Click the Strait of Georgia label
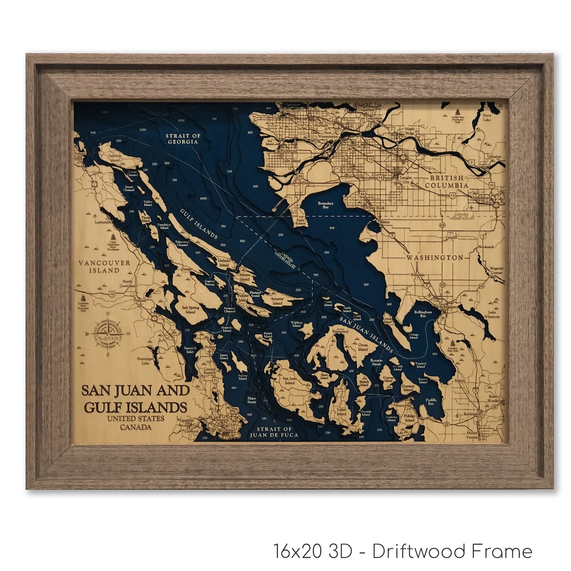[x=183, y=139]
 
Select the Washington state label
[x=435, y=257]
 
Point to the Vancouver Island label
[x=99, y=266]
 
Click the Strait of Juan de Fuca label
[x=273, y=431]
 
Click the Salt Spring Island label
[x=191, y=309]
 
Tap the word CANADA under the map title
[x=134, y=427]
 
